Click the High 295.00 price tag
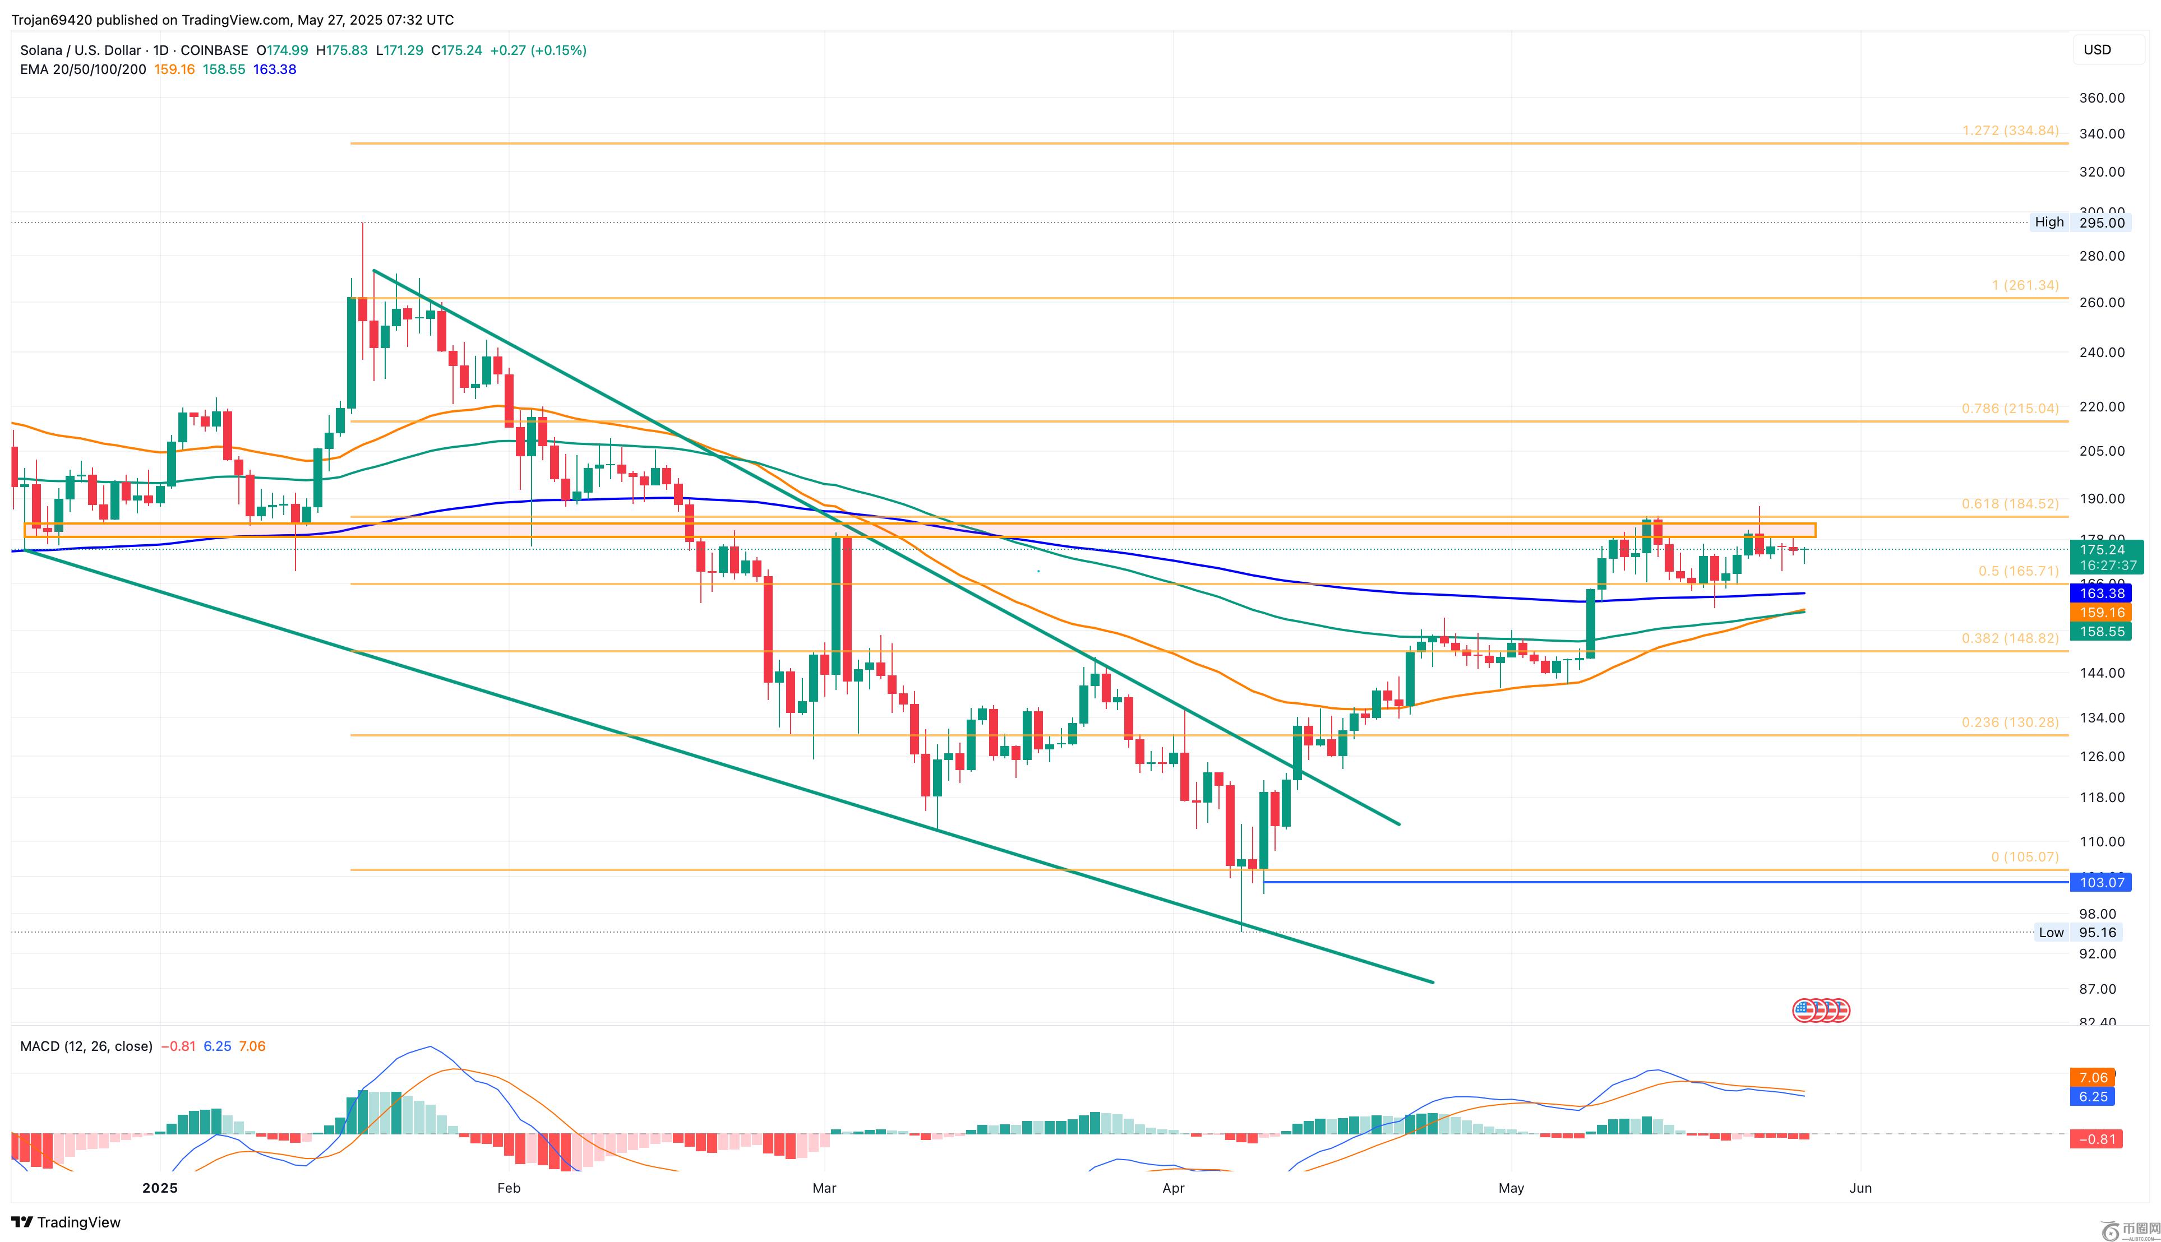click(2080, 223)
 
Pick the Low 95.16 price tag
click(2080, 933)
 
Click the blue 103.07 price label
click(2100, 882)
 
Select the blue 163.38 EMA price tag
click(2100, 593)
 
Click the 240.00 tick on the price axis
click(2100, 353)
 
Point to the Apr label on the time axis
click(1173, 1188)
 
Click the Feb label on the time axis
click(509, 1188)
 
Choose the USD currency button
click(2097, 49)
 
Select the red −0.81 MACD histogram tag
click(2097, 1139)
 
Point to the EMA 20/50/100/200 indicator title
click(83, 69)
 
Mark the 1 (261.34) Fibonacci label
click(2024, 285)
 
